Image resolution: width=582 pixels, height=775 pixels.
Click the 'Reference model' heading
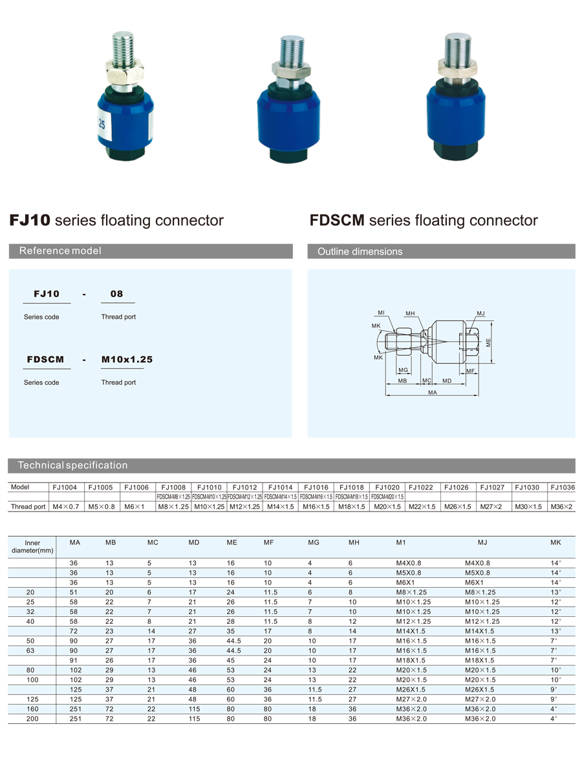(60, 251)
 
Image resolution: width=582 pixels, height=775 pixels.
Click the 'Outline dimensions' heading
(360, 252)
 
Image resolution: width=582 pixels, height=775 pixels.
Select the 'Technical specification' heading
(72, 465)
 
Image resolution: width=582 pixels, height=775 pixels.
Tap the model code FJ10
(43, 294)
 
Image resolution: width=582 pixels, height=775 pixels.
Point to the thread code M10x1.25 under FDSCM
(127, 359)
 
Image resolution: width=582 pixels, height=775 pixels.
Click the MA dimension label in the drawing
(432, 392)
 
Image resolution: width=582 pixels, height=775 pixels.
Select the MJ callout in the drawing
(480, 314)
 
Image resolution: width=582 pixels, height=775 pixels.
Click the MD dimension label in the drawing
(447, 381)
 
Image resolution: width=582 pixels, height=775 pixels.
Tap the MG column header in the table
(314, 542)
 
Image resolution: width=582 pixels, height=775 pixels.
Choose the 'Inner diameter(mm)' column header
(32, 547)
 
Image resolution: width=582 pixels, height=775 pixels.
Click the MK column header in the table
(555, 542)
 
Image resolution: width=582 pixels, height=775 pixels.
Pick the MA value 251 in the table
(76, 709)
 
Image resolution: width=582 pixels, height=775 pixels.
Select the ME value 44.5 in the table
(233, 651)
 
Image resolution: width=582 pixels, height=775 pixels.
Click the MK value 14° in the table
(555, 573)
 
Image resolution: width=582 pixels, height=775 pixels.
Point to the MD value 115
(194, 709)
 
